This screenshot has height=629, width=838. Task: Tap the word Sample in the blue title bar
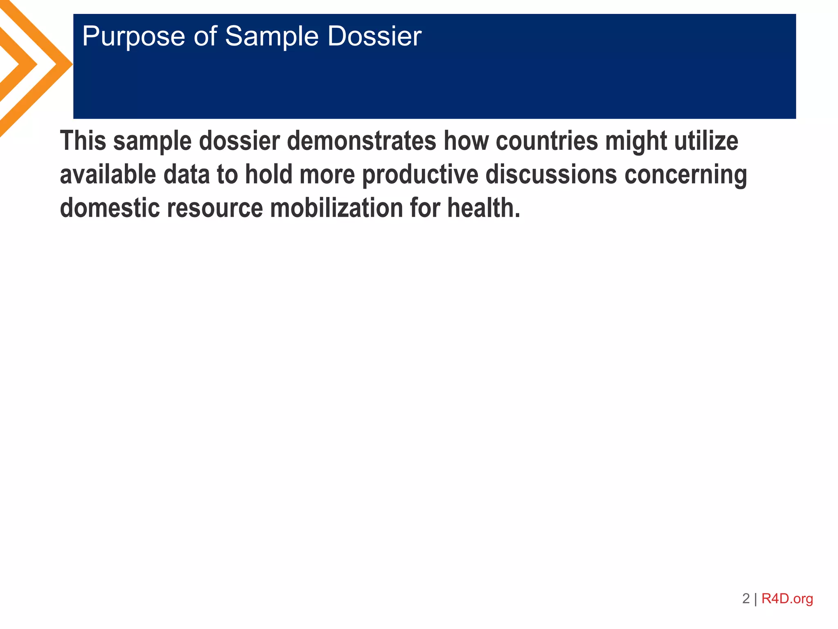tap(271, 37)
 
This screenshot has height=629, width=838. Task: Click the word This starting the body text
tap(83, 141)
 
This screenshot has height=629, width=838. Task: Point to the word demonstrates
tap(361, 141)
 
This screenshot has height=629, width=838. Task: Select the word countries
tap(547, 141)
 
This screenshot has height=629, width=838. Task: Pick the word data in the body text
tap(186, 174)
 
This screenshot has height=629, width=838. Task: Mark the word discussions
tap(551, 174)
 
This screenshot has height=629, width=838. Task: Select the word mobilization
tap(336, 208)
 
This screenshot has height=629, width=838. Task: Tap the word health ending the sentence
tap(483, 208)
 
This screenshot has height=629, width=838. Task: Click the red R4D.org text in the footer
tap(787, 599)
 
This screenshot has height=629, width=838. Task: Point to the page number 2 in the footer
tap(746, 599)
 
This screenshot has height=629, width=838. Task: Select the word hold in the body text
tap(268, 174)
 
